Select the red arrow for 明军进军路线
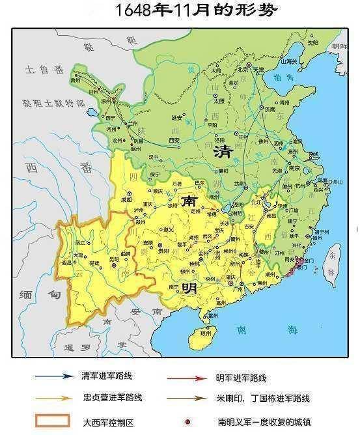186,376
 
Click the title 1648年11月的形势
180,10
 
